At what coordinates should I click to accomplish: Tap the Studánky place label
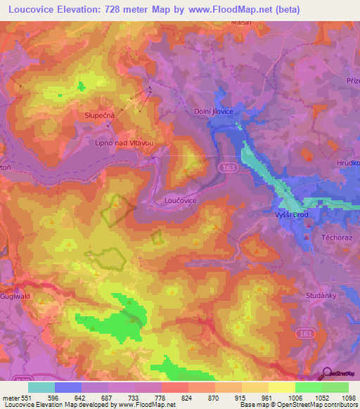pyautogui.click(x=323, y=296)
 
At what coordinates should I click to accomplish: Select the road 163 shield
pyautogui.click(x=231, y=169)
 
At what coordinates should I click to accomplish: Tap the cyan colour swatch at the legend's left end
pyautogui.click(x=41, y=387)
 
